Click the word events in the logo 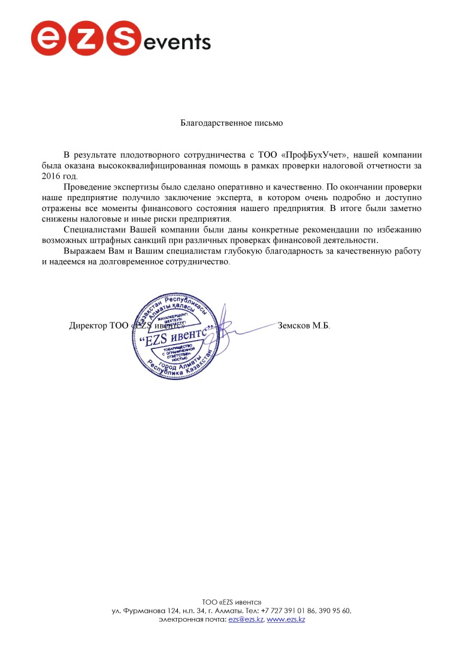click(177, 41)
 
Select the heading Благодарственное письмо click(231, 123)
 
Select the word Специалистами click(94, 230)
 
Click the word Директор click(88, 326)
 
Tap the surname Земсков click(293, 326)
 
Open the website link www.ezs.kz click(286, 619)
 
